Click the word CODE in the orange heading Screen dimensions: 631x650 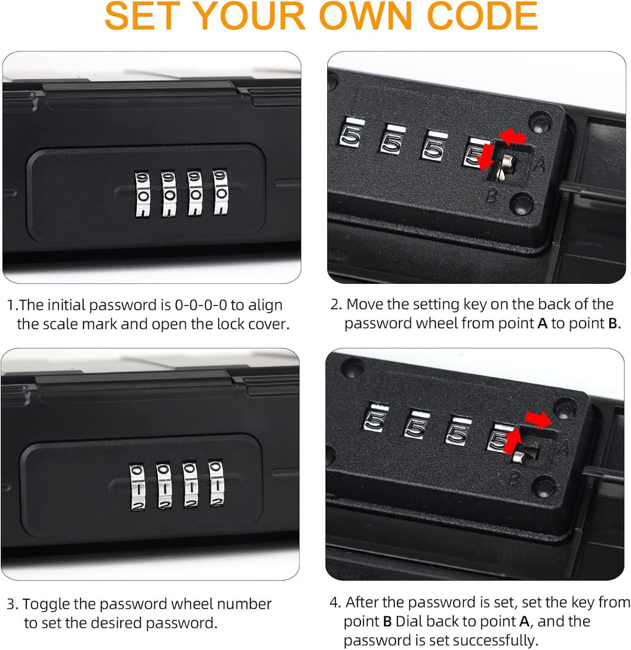[482, 16]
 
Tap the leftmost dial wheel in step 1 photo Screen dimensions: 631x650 [142, 194]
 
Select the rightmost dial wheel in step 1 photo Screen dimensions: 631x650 [221, 192]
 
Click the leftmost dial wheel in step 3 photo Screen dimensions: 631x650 [138, 486]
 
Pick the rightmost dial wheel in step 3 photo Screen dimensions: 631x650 [216, 484]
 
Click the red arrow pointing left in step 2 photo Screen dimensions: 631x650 [512, 137]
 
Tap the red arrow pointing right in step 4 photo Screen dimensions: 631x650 [539, 419]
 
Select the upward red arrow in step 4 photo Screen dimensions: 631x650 [512, 441]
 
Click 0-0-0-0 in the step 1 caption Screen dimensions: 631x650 [201, 305]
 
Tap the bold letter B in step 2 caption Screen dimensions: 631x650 [613, 324]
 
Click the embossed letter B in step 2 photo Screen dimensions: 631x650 [491, 195]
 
